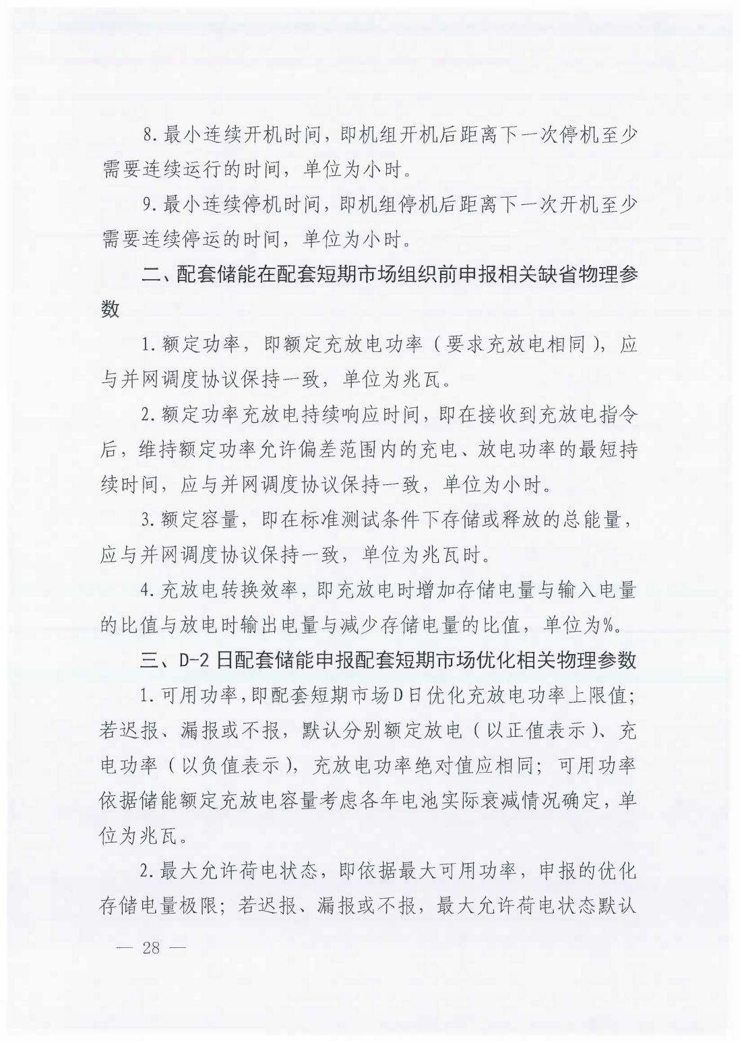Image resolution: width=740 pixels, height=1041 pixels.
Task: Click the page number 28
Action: pyautogui.click(x=150, y=947)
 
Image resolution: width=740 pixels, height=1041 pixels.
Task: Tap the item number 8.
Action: pyautogui.click(x=148, y=134)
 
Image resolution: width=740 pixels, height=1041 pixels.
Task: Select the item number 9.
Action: pyautogui.click(x=148, y=204)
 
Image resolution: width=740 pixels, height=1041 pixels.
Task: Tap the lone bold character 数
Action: pyautogui.click(x=110, y=309)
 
